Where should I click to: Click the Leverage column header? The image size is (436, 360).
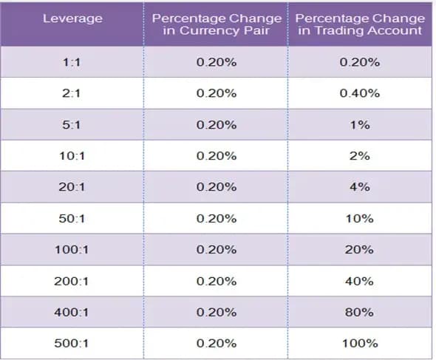(72, 18)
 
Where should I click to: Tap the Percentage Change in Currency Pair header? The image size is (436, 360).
(217, 24)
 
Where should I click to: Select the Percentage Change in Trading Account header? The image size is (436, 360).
(360, 24)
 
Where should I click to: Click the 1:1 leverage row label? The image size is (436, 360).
(72, 62)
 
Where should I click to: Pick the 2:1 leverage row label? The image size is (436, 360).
(72, 93)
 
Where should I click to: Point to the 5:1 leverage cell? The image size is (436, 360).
(72, 125)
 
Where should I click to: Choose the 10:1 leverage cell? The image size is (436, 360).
(72, 156)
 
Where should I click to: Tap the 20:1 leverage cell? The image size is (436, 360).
(72, 187)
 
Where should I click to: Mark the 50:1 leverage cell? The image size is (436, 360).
(72, 219)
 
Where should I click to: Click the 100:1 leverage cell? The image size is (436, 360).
(72, 250)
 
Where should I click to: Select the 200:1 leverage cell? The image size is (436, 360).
(72, 281)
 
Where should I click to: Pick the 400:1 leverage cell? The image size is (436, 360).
(72, 313)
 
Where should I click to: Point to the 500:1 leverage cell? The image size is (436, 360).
(72, 344)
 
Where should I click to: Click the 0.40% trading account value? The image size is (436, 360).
(360, 93)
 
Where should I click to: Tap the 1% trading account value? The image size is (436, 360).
(360, 125)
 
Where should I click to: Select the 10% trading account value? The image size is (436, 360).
(360, 219)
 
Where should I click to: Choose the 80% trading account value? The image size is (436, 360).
(360, 313)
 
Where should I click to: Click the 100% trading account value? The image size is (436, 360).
(360, 344)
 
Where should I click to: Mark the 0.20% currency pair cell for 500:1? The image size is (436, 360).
(217, 344)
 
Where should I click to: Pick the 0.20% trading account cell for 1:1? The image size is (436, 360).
(360, 62)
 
